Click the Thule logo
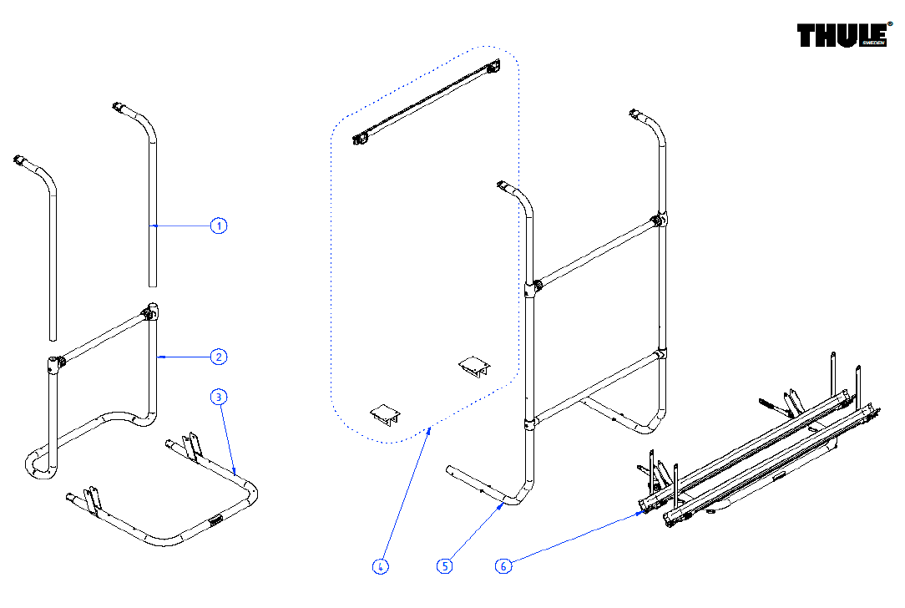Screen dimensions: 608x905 coord(842,36)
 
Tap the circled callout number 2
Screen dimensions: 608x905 coord(219,357)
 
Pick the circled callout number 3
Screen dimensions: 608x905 coord(219,398)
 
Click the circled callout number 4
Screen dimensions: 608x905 coord(380,566)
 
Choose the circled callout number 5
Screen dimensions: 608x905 coord(445,566)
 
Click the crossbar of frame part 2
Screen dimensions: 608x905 coord(104,337)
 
